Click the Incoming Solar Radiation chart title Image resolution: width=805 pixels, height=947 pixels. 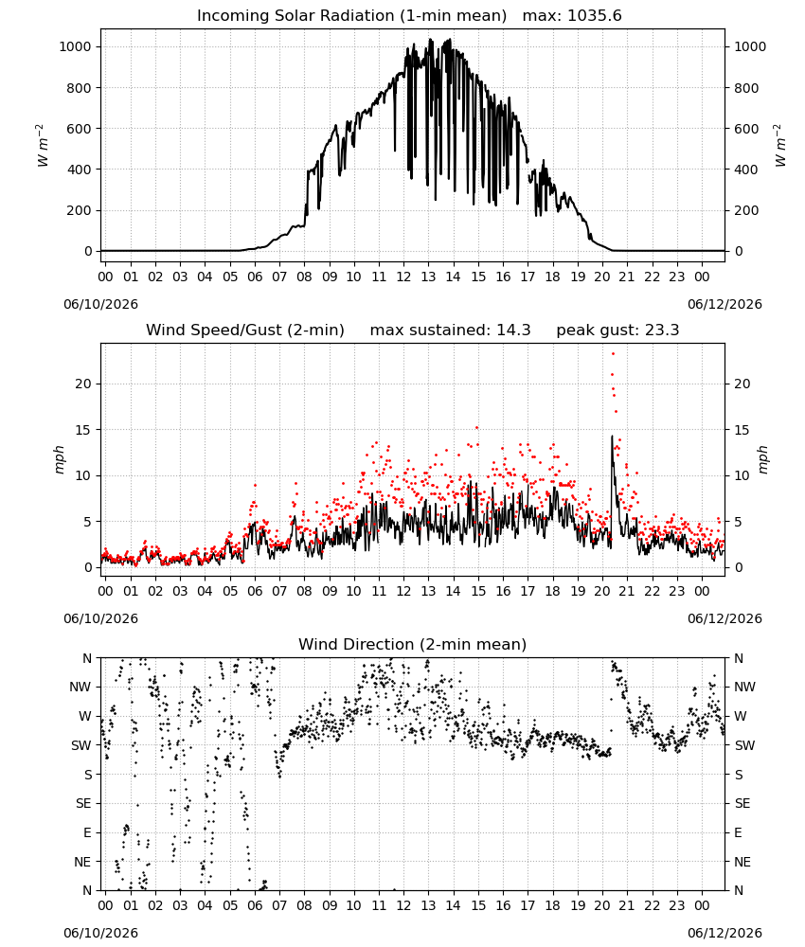tap(351, 16)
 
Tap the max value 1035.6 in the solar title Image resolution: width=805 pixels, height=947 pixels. tap(595, 16)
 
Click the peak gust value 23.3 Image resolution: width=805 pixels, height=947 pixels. tap(662, 331)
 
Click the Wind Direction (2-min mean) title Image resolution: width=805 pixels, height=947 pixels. tap(413, 644)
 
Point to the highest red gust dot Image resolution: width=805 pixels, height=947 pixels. tap(613, 354)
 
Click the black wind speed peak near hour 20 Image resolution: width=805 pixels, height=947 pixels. tap(612, 436)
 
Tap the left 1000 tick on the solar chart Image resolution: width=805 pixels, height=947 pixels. tap(76, 46)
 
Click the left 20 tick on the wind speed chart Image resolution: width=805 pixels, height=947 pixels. tap(83, 384)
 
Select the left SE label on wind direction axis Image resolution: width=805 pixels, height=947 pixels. tap(83, 803)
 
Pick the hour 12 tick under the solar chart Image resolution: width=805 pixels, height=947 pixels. tap(403, 277)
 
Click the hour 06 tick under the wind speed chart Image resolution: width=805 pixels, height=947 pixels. tap(255, 591)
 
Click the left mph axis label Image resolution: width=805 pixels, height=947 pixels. tap(59, 459)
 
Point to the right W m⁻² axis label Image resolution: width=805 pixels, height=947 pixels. tap(779, 146)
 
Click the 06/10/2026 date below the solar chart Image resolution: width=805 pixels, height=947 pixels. tap(100, 304)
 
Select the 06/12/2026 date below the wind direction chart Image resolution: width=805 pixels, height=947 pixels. tap(724, 933)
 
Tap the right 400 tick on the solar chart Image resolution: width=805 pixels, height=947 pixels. tap(746, 170)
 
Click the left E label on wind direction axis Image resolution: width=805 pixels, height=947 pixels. tap(87, 832)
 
